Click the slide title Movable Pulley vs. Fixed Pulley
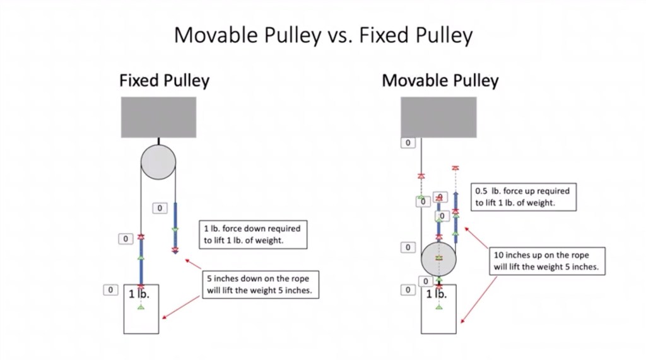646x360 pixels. (323, 35)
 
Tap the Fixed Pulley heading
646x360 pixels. (164, 81)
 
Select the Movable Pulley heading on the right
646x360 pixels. (440, 81)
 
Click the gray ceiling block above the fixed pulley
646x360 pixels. (158, 117)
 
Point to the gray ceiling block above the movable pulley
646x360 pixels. (438, 117)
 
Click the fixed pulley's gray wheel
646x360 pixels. (158, 161)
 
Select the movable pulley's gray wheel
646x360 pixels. (439, 258)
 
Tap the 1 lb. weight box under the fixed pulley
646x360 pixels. (141, 309)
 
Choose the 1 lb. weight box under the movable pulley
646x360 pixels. (438, 309)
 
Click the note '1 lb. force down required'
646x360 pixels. (252, 235)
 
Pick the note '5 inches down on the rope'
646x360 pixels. (259, 284)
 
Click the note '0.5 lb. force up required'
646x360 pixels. (522, 197)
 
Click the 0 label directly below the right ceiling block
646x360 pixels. (408, 143)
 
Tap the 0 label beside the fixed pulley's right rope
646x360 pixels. (160, 208)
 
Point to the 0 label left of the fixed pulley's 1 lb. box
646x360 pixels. (110, 290)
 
